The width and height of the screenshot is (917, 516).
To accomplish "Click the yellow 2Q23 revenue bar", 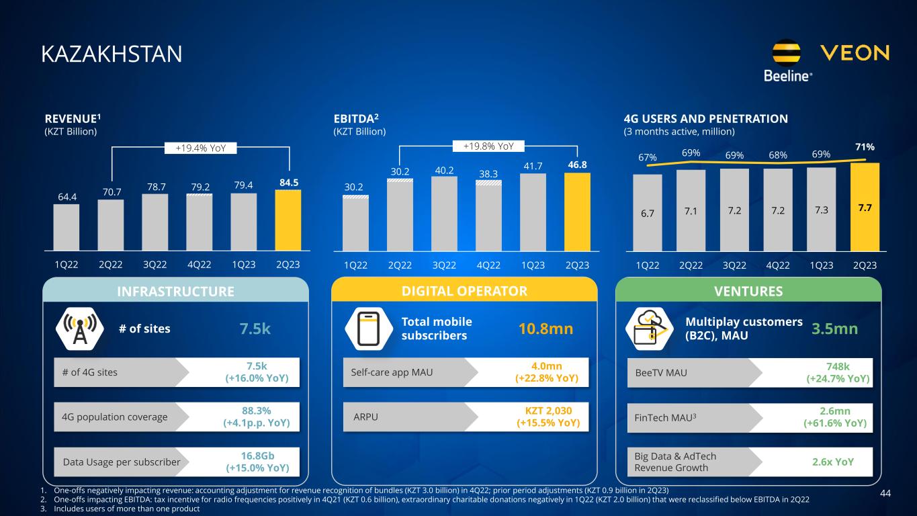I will click(288, 220).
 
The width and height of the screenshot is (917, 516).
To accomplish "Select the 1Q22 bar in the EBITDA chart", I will click(355, 223).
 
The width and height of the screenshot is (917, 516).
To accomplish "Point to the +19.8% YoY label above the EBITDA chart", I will click(488, 146).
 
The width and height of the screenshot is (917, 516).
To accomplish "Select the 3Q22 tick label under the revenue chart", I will click(155, 265).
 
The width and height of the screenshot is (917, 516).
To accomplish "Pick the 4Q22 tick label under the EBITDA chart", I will click(488, 265).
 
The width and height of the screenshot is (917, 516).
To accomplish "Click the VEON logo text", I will click(855, 53).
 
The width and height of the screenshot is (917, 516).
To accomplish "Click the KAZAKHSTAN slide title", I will click(112, 54).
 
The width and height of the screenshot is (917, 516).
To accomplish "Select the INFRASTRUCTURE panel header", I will click(175, 291).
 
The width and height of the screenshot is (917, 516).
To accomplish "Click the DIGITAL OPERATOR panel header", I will click(465, 291).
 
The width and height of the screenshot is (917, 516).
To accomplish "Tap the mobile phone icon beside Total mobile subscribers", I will click(367, 329).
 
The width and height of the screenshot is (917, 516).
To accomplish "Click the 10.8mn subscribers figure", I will click(545, 329).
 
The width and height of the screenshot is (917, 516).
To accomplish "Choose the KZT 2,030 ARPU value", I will click(547, 417).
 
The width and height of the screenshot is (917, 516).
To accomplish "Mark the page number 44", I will click(885, 494).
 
